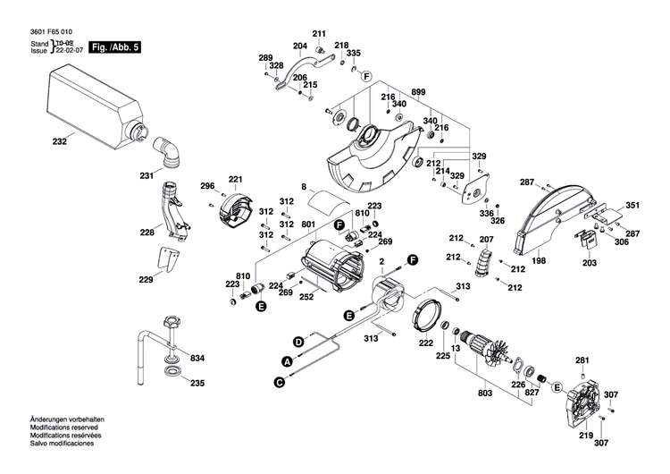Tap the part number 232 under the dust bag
pyautogui.click(x=60, y=141)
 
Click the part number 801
pyautogui.click(x=308, y=224)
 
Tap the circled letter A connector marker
pyautogui.click(x=287, y=360)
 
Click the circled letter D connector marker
pyautogui.click(x=298, y=341)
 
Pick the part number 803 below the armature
pyautogui.click(x=485, y=394)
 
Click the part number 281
pyautogui.click(x=582, y=360)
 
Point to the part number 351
pyautogui.click(x=632, y=206)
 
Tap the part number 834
pyautogui.click(x=197, y=359)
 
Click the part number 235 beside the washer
pyautogui.click(x=197, y=384)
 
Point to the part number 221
pyautogui.click(x=235, y=179)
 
